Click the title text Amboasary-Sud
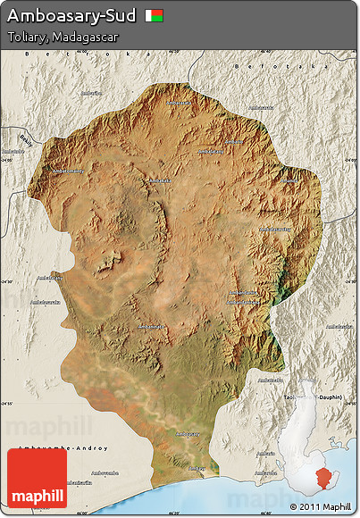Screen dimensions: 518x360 click(71, 16)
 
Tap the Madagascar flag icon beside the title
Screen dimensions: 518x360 click(155, 16)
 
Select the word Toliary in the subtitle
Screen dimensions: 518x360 click(26, 38)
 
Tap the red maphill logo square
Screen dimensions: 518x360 click(37, 478)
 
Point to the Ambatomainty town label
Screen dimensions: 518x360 click(68, 171)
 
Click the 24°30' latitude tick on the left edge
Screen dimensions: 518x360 click(7, 280)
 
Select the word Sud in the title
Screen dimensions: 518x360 click(121, 16)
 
